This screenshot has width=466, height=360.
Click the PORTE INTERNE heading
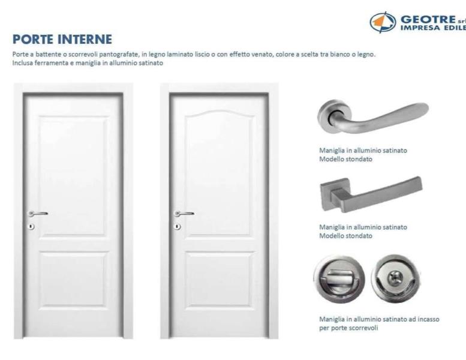pyautogui.click(x=62, y=39)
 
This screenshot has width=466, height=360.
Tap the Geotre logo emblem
pyautogui.click(x=383, y=22)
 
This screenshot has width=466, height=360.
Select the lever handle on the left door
pyautogui.click(x=38, y=214)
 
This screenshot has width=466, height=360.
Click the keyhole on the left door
pyautogui.click(x=31, y=227)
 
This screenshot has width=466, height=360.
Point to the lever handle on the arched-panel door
pyautogui.click(x=184, y=214)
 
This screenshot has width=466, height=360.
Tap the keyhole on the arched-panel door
pyautogui.click(x=177, y=227)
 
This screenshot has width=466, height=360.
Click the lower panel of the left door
pyautogui.click(x=73, y=279)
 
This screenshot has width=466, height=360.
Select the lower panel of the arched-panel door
pyautogui.click(x=219, y=279)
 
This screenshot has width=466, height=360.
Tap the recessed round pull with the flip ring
pyautogui.click(x=339, y=278)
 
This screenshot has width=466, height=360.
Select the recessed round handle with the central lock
pyautogui.click(x=396, y=278)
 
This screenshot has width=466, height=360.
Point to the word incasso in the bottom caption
pyautogui.click(x=429, y=319)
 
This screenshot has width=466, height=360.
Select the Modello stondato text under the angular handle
pyautogui.click(x=345, y=236)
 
